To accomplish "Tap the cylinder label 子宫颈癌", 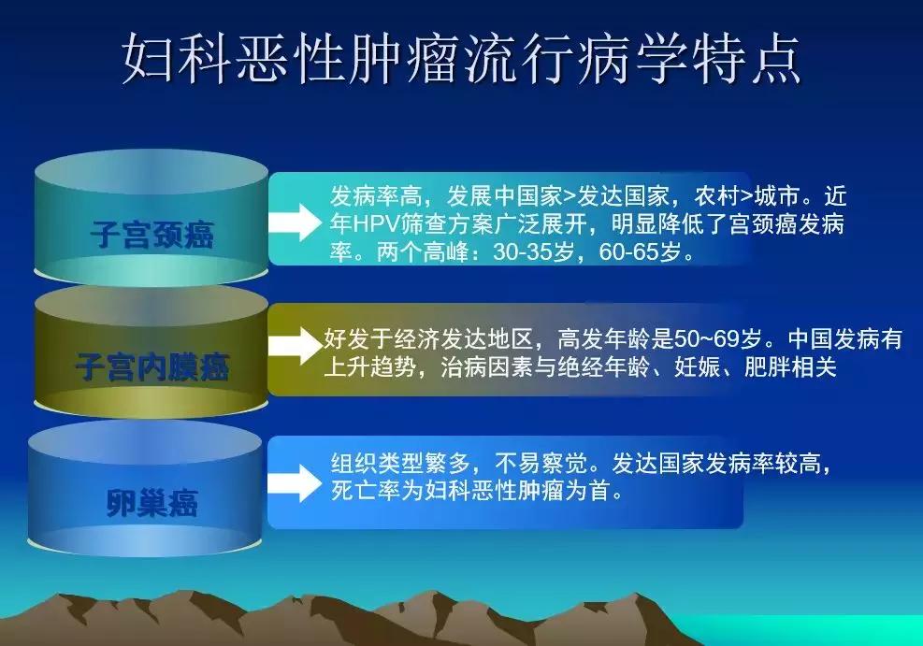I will click(x=152, y=234).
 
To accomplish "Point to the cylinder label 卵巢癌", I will click(x=151, y=502).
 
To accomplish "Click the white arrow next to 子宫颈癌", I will click(x=298, y=223).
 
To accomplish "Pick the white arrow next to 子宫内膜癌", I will click(x=296, y=345).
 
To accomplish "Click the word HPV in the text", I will click(x=373, y=225).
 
